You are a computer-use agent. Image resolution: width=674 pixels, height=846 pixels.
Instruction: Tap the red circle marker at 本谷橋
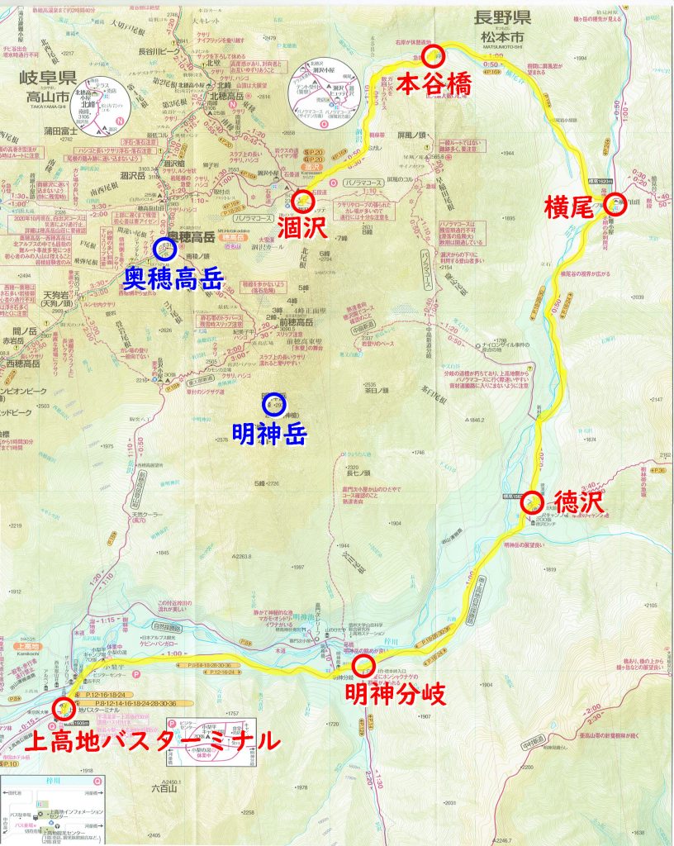(434, 56)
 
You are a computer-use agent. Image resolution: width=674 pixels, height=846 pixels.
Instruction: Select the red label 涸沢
(316, 226)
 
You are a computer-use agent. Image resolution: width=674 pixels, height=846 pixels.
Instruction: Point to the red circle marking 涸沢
(303, 200)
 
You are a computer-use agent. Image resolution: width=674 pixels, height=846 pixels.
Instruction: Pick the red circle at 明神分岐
(364, 666)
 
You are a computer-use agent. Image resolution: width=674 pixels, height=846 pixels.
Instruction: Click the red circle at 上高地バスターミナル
(63, 708)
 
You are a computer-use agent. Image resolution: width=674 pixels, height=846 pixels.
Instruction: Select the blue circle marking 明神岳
(273, 405)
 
